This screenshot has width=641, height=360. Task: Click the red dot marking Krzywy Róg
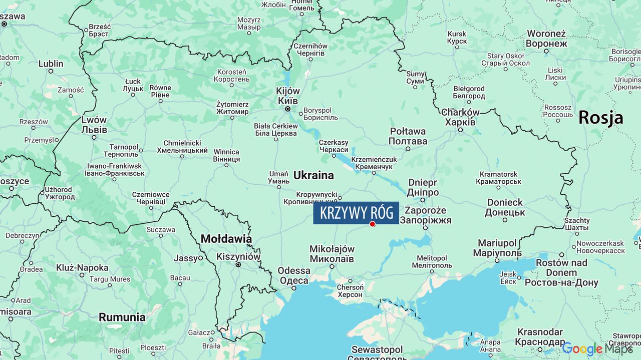point(373,224)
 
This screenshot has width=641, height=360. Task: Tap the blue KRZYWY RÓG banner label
point(356,213)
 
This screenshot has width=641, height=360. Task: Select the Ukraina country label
point(313,175)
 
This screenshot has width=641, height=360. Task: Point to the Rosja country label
point(601,118)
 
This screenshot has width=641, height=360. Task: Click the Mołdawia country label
point(226,239)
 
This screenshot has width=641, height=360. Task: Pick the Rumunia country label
point(122,317)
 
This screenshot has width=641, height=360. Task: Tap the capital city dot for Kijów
point(287,109)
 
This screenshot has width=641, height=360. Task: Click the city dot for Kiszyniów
point(238,264)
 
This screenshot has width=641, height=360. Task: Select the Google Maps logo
point(597,348)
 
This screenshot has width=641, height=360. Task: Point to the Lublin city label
point(51,64)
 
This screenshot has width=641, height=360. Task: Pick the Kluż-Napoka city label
point(82,267)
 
